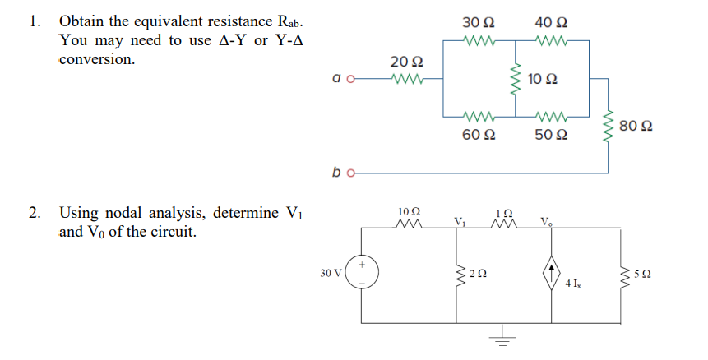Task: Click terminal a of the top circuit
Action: (350, 79)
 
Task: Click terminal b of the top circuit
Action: (351, 173)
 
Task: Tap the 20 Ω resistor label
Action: (406, 61)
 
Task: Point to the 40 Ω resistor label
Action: (551, 21)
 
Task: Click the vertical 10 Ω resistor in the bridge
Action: (516, 79)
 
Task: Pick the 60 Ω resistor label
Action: (479, 135)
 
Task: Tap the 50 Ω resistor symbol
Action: (552, 117)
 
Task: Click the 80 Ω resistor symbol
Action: (608, 125)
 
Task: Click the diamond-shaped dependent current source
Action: (551, 272)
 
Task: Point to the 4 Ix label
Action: (573, 284)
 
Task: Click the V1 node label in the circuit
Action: (460, 222)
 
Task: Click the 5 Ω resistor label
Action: (642, 274)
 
